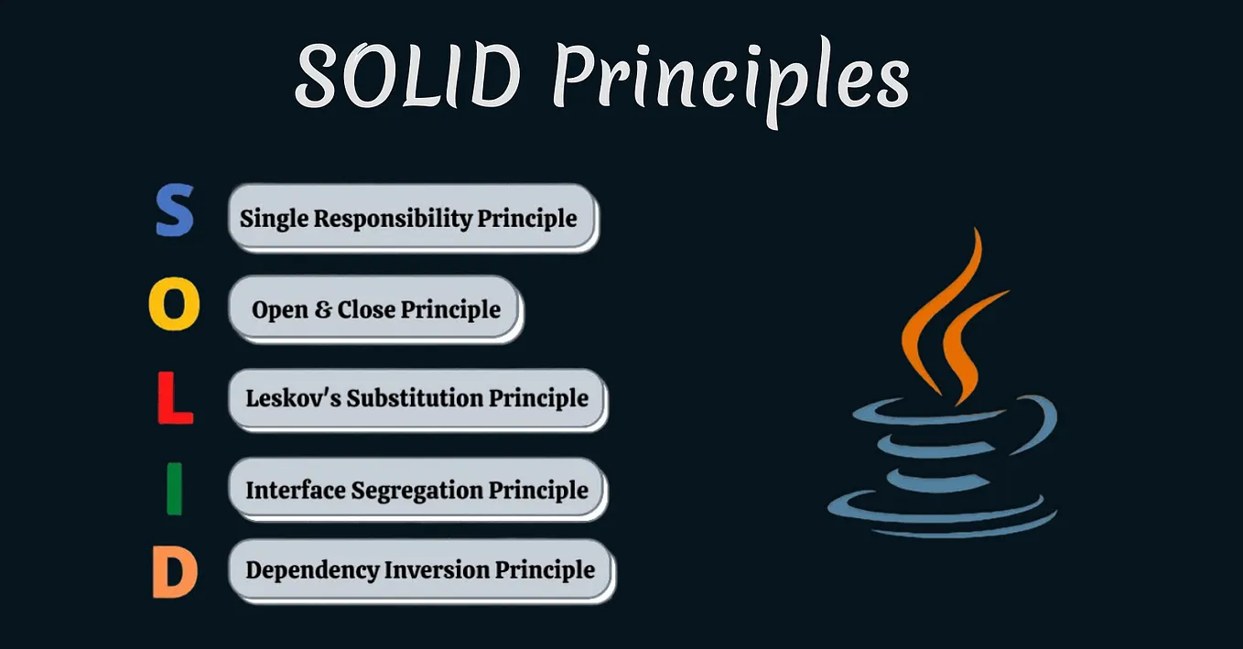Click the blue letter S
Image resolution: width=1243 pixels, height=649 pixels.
[174, 211]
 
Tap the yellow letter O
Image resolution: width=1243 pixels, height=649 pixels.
[174, 306]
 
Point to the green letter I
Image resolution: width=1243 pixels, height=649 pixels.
[174, 489]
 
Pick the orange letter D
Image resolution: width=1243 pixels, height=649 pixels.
[174, 571]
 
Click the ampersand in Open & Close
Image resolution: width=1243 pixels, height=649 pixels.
[322, 309]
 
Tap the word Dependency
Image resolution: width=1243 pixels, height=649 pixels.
[312, 570]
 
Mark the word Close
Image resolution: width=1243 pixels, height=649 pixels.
[366, 309]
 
